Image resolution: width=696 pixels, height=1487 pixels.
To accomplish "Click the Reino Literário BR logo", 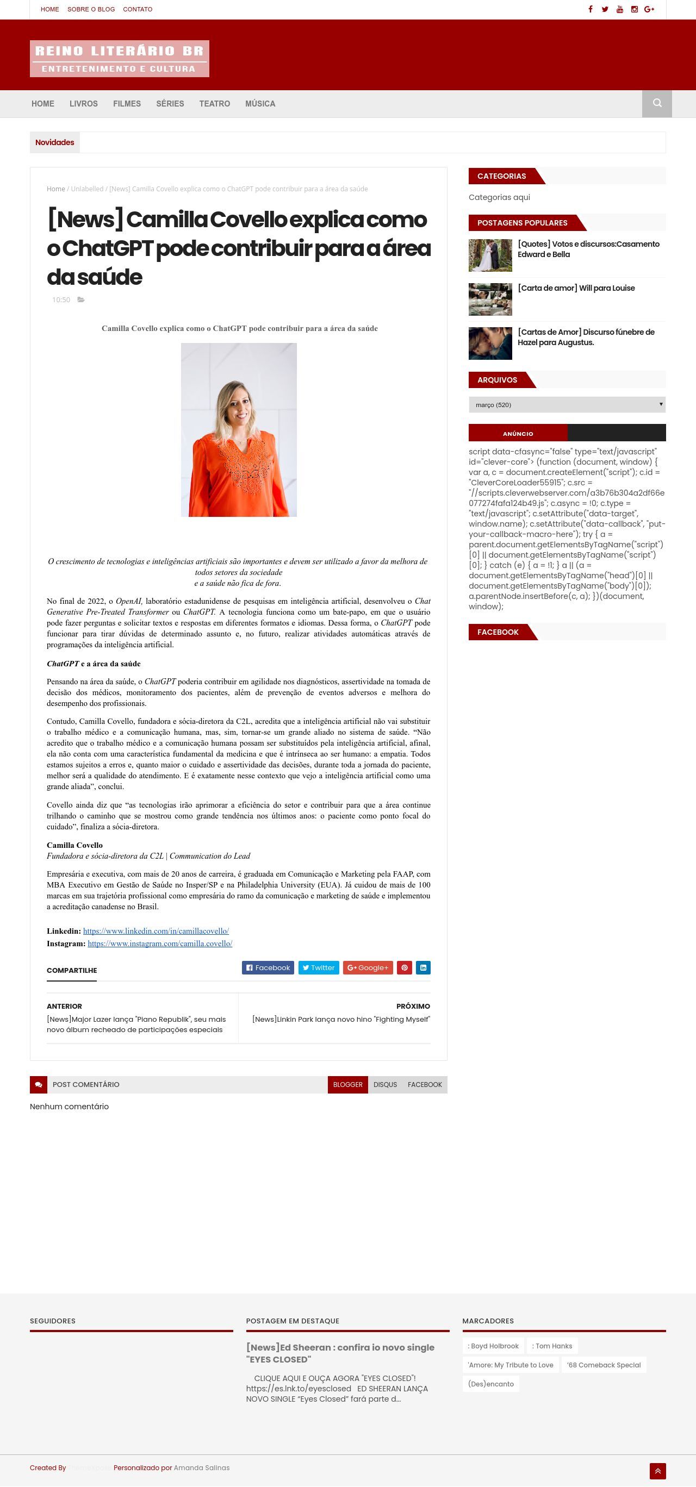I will pos(119,58).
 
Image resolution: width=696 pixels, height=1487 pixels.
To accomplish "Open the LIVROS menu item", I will pos(83,104).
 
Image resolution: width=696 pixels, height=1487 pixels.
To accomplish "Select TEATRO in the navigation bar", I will pos(214,104).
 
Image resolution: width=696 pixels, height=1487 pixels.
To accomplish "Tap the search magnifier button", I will pos(657,103).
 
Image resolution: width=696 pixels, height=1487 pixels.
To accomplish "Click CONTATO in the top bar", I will pos(138,9).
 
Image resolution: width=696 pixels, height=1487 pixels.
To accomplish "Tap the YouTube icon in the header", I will pos(620,9).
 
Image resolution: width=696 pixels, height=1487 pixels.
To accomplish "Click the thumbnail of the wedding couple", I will pos(490,255).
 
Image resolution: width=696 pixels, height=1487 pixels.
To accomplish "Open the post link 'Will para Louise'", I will pos(576,288).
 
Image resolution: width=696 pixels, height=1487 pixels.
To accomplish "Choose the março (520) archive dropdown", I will pos(567,405).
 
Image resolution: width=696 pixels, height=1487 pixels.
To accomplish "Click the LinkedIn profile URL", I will pos(156,930).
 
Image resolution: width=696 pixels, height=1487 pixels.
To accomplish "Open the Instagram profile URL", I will pos(160,943).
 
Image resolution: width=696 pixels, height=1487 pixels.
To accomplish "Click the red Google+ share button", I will pos(368,967).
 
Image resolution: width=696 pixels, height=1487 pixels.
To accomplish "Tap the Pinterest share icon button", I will pos(405,967).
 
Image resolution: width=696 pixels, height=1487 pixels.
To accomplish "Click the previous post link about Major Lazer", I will pos(136,1024).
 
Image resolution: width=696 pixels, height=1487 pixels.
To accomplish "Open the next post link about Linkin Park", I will pos(341,1019).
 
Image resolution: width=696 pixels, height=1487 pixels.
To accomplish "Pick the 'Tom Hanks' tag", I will pos(551,1346).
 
